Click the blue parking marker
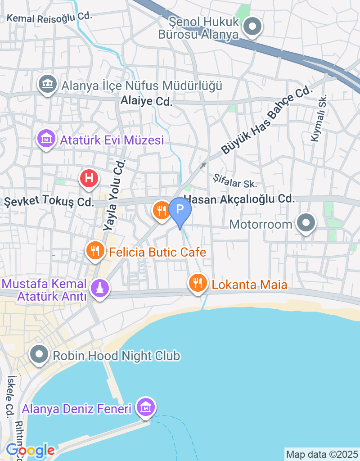point(180,210)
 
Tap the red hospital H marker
point(89,178)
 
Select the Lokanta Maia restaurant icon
point(197,283)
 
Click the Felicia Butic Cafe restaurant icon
point(94,251)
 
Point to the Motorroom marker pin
point(306,223)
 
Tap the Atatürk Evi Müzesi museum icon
point(47,139)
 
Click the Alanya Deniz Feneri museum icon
point(145,407)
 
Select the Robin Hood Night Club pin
point(39,355)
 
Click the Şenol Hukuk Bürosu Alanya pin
point(252,26)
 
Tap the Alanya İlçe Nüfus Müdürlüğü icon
point(47,84)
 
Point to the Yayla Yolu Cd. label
point(115,195)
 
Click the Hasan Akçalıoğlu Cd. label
point(239,199)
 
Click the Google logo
point(30,450)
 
